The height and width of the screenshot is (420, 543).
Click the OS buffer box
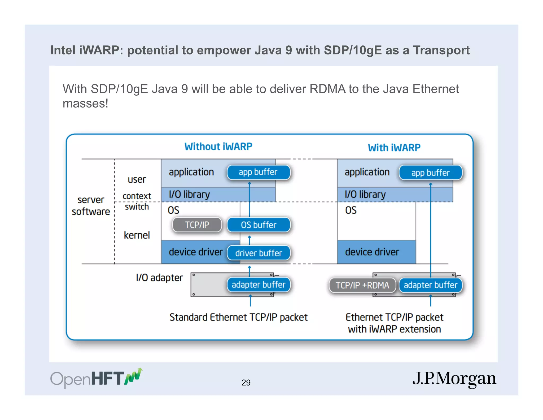coord(259,225)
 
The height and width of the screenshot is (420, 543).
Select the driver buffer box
coord(259,253)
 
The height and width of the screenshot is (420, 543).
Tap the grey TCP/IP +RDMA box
coord(362,285)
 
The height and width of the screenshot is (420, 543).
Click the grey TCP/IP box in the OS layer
coord(197,225)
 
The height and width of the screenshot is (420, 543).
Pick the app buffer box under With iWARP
coord(430,173)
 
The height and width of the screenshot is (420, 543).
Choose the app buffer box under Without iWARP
coord(258,172)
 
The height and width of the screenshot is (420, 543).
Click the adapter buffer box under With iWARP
coord(430,285)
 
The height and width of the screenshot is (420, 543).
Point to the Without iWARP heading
coord(218,147)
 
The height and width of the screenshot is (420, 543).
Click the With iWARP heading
coord(394,148)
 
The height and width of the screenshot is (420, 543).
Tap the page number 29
coord(246,383)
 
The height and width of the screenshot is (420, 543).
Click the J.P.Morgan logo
coord(454,379)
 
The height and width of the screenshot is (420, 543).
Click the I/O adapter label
coord(159,278)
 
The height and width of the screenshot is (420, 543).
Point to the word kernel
coord(137,235)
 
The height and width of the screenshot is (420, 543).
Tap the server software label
coord(91,206)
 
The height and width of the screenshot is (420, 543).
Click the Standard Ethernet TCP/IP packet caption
coord(238,317)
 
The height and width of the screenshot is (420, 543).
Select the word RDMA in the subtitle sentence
coord(327,89)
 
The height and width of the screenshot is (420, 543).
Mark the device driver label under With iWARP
coord(372,252)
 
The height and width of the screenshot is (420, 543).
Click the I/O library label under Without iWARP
coord(189,195)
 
